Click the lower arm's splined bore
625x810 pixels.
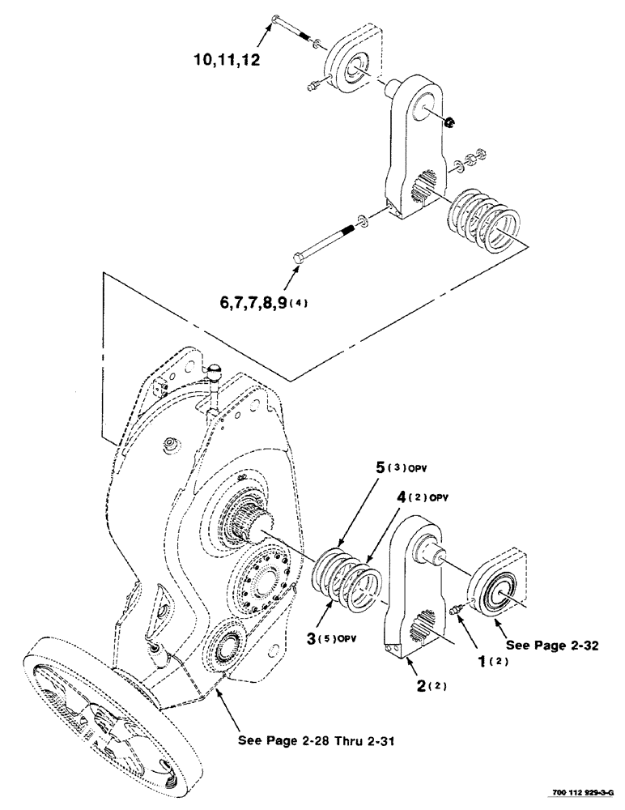[428, 628]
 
